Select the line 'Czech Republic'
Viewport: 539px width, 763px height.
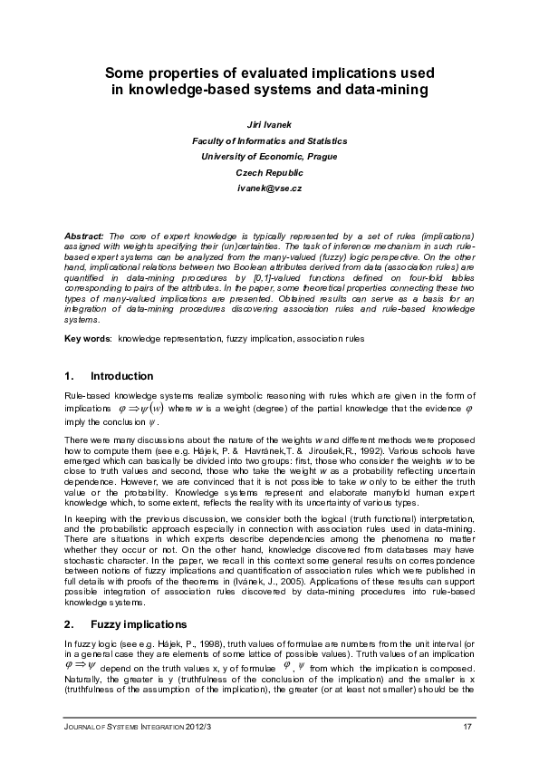[269, 171]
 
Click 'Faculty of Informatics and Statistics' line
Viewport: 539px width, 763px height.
[269, 141]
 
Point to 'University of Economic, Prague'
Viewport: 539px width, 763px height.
[269, 156]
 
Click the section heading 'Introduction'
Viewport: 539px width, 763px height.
[122, 375]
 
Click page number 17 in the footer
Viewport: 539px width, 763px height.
[467, 728]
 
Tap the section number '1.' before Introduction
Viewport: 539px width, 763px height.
[70, 375]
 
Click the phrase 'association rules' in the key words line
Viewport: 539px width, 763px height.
[333, 339]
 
